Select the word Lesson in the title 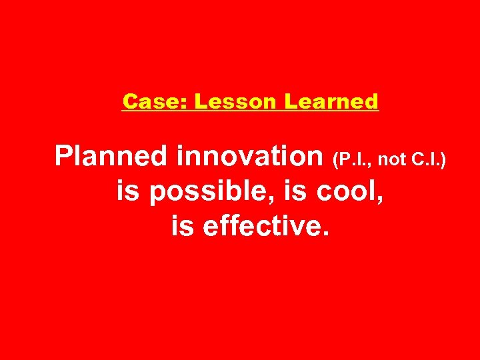225,101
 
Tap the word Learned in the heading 331,101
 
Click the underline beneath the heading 250,111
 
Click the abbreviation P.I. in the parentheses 355,159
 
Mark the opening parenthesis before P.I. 335,159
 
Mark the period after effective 325,235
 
